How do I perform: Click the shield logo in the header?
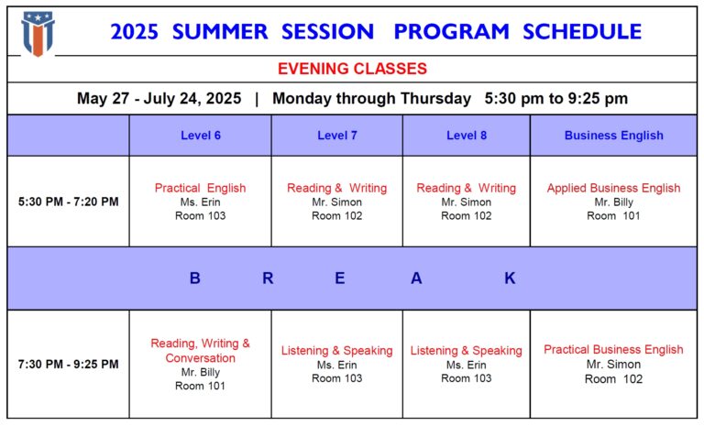click(x=38, y=34)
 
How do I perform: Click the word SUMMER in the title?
click(x=220, y=32)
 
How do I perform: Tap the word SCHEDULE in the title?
click(x=582, y=32)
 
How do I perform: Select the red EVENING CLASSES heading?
click(x=352, y=69)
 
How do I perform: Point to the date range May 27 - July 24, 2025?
click(x=159, y=98)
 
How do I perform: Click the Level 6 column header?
click(x=201, y=136)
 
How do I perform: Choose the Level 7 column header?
click(x=337, y=136)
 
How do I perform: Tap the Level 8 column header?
click(x=467, y=136)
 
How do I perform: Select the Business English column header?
click(x=614, y=136)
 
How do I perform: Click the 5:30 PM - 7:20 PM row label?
click(x=68, y=202)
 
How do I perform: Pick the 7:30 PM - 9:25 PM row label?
click(x=68, y=364)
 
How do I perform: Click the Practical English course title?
click(x=200, y=188)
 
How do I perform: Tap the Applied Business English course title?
click(x=614, y=188)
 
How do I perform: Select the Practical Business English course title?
click(x=614, y=349)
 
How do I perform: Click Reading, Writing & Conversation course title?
click(x=200, y=351)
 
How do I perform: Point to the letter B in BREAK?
click(x=195, y=279)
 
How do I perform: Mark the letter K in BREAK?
click(x=510, y=279)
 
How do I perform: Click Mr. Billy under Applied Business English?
click(x=614, y=202)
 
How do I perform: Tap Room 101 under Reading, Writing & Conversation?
click(x=200, y=386)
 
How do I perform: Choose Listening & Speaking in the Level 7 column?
click(x=337, y=351)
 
